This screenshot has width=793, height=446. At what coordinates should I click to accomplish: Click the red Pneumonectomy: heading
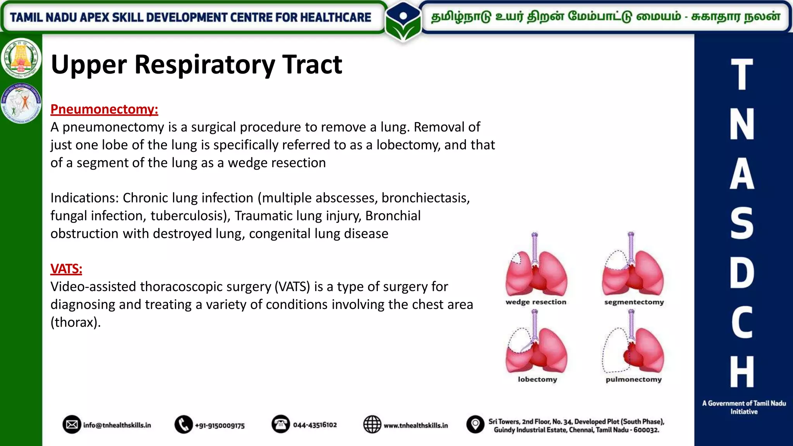point(104,109)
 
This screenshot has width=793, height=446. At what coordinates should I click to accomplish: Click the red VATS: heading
point(66,269)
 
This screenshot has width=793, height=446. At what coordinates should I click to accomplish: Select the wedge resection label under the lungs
point(536,302)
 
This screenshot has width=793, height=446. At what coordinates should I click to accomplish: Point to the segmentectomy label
point(634,302)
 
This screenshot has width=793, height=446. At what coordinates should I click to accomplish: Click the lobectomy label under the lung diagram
point(537,379)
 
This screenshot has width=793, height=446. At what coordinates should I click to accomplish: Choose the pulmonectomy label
point(633,379)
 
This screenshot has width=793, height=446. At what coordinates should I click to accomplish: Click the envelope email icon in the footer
point(72,425)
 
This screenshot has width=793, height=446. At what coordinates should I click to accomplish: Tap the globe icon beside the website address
point(372,425)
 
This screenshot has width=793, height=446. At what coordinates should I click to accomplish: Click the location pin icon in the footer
point(475,425)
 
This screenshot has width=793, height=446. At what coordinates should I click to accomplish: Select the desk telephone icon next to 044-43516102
point(281,424)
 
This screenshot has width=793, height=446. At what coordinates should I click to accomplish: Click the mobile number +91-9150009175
point(220,425)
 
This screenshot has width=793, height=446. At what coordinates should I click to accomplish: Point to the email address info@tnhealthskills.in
point(117,425)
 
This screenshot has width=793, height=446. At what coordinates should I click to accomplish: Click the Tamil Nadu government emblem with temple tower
point(21,58)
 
